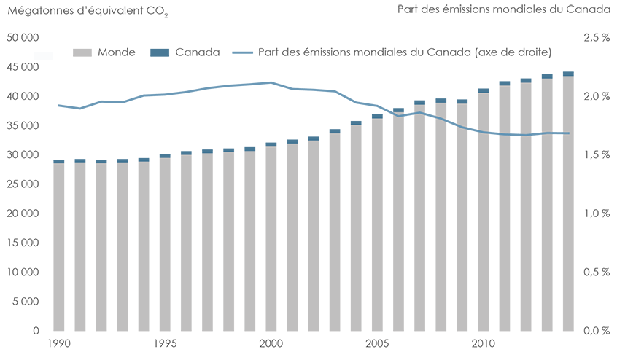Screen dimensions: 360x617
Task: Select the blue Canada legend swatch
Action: pyautogui.click(x=159, y=52)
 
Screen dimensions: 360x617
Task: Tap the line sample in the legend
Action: pyautogui.click(x=243, y=52)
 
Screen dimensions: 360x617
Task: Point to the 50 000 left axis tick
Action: pyautogui.click(x=23, y=38)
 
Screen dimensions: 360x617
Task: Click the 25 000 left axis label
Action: pyautogui.click(x=23, y=184)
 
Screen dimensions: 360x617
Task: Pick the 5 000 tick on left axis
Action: pyautogui.click(x=26, y=302)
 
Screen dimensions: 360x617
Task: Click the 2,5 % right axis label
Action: pyautogui.click(x=595, y=38)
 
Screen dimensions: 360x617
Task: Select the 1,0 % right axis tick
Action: pyautogui.click(x=595, y=214)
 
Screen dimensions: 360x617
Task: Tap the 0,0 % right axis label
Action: pyautogui.click(x=595, y=331)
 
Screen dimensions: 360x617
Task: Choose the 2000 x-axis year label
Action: pyautogui.click(x=271, y=343)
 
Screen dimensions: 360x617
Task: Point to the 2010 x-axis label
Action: pyautogui.click(x=483, y=343)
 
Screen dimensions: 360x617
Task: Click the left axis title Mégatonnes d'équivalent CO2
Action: pyautogui.click(x=87, y=10)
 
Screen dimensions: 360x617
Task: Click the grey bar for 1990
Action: pyautogui.click(x=58, y=248)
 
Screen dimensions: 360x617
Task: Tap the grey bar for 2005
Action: pyautogui.click(x=377, y=226)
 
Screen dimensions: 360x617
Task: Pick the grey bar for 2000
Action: pyautogui.click(x=271, y=240)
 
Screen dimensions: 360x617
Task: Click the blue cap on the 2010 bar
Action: pyautogui.click(x=483, y=91)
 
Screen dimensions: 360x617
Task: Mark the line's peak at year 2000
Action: pyautogui.click(x=271, y=82)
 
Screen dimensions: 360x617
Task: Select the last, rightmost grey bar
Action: pyautogui.click(x=568, y=204)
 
